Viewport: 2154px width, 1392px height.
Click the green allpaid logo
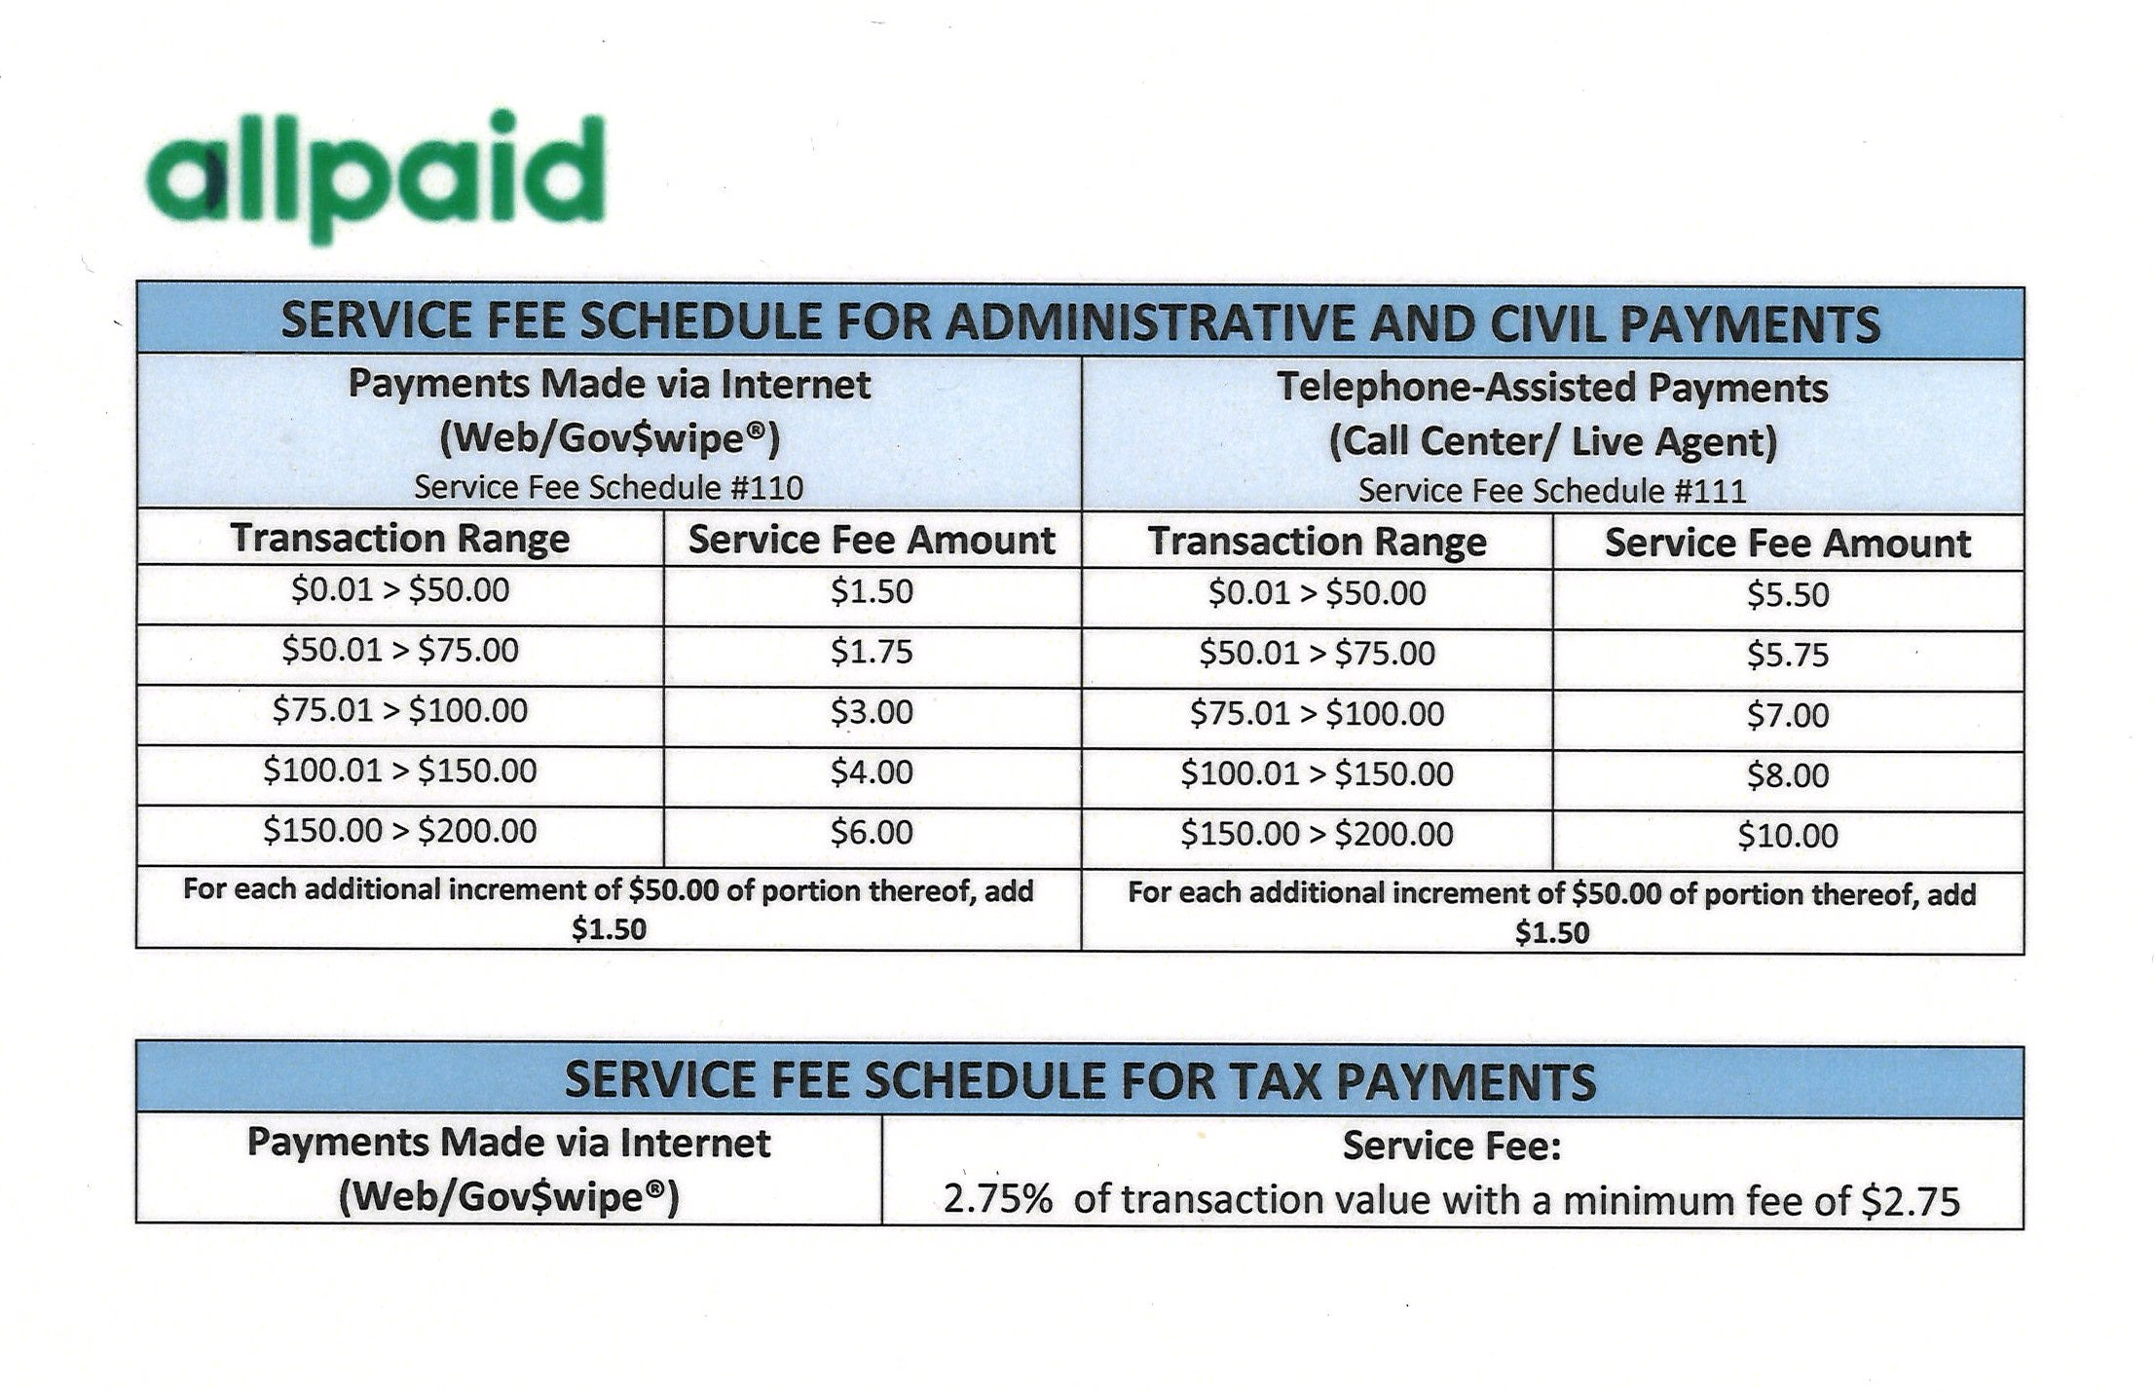[x=376, y=176]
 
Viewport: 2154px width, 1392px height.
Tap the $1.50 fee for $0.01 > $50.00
[x=872, y=592]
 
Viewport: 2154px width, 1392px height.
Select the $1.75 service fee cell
[x=872, y=652]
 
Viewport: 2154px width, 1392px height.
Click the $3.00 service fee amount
[x=872, y=712]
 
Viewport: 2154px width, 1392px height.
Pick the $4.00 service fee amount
[x=872, y=772]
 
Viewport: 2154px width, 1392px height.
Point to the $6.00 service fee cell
[x=872, y=833]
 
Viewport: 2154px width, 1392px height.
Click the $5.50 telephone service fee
[x=1788, y=595]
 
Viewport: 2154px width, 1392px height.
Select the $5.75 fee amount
[x=1788, y=656]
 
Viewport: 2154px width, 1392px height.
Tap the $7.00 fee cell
[x=1788, y=716]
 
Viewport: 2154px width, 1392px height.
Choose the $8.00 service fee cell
[x=1788, y=776]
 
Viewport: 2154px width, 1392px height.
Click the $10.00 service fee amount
[x=1788, y=836]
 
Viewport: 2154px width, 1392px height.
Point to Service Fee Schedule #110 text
[x=609, y=487]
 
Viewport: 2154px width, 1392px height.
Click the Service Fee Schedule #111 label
[x=1552, y=491]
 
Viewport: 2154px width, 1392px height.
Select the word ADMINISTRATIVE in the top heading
[x=1149, y=323]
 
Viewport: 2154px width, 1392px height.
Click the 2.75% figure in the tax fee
[x=997, y=1200]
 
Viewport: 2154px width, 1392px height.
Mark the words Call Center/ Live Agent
[x=1553, y=441]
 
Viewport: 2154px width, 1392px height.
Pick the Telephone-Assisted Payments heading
[x=1552, y=388]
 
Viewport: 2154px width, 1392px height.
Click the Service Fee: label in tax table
[x=1452, y=1147]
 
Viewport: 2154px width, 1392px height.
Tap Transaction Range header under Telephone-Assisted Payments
[x=1317, y=543]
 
